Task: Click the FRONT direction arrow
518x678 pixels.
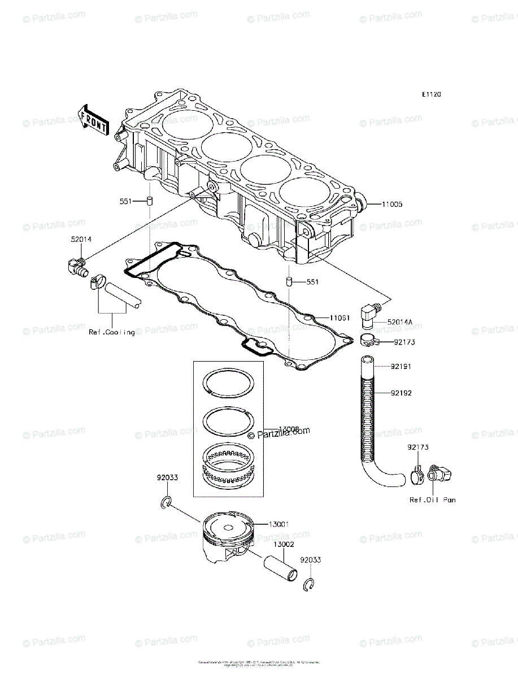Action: tap(93, 119)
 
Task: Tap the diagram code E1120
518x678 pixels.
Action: tap(430, 94)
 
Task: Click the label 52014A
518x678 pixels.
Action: tap(400, 322)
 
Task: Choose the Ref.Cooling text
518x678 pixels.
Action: tap(112, 332)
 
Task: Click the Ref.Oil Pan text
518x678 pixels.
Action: tap(433, 499)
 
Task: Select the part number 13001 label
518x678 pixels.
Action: tap(279, 524)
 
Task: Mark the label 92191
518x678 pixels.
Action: tap(402, 367)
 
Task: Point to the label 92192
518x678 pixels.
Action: tap(402, 393)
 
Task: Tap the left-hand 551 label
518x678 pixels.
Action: tap(126, 201)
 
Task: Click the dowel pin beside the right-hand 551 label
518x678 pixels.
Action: tap(288, 281)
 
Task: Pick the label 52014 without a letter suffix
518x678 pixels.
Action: tap(81, 240)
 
